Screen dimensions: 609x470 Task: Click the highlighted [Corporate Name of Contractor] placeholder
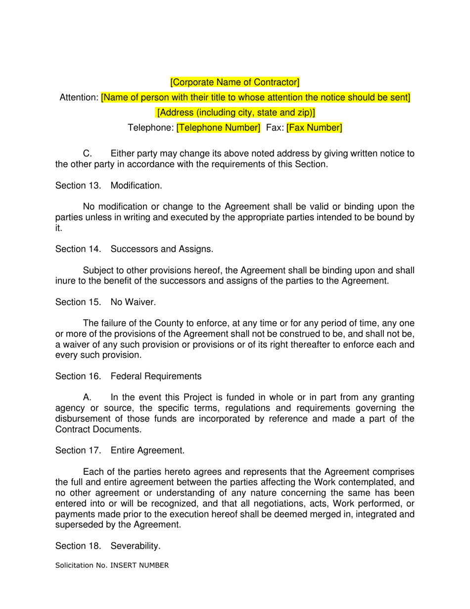[235, 82]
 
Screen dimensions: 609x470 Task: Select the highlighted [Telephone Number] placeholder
[218, 128]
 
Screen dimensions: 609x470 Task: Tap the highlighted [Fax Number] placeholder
[314, 128]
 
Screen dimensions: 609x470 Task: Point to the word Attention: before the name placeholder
[79, 98]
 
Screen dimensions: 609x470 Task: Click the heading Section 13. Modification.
[108, 186]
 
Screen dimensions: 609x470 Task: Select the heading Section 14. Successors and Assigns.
[134, 249]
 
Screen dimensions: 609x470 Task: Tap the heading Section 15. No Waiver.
[105, 302]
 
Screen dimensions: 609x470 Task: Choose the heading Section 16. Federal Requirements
[128, 376]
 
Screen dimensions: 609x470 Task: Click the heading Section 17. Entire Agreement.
[120, 451]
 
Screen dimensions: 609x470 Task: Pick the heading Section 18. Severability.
[108, 546]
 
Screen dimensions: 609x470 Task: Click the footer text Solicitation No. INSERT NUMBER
[112, 565]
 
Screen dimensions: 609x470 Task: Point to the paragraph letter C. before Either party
[88, 153]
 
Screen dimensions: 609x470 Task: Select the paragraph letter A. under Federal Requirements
[88, 398]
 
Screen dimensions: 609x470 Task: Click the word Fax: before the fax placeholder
[275, 128]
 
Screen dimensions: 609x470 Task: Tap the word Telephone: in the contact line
[150, 128]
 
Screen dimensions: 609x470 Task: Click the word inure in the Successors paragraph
[65, 281]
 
